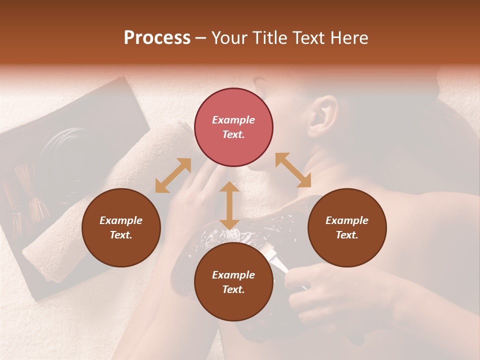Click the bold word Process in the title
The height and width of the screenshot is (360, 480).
click(x=157, y=38)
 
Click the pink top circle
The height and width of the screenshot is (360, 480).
click(x=233, y=127)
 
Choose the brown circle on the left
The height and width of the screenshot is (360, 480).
click(x=121, y=227)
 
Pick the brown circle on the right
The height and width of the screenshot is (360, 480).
click(x=347, y=227)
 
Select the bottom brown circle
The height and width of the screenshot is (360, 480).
click(x=233, y=282)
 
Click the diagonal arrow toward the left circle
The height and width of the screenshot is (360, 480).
click(x=173, y=175)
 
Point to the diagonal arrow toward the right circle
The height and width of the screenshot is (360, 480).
click(x=293, y=170)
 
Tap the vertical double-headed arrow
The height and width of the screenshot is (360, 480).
click(x=229, y=205)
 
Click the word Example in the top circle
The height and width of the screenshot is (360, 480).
click(x=233, y=120)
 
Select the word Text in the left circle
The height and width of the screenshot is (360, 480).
click(x=121, y=235)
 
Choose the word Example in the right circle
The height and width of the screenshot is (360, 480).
click(x=347, y=220)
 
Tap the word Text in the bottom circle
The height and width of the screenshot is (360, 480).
click(x=233, y=289)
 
